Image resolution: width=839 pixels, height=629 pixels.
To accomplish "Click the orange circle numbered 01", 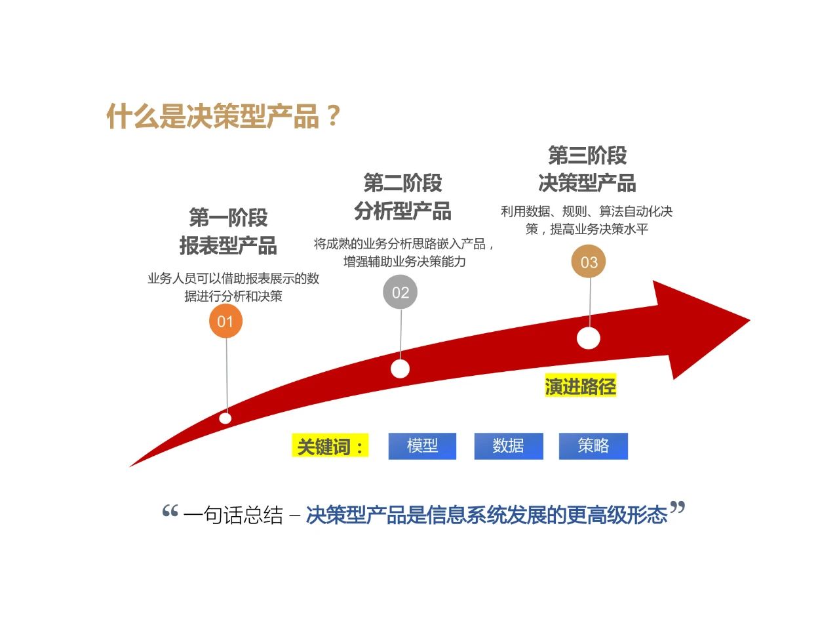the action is (225, 321).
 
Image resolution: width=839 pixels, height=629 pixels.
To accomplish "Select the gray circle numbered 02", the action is (400, 293).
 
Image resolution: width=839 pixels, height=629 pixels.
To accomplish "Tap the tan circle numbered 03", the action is (589, 262).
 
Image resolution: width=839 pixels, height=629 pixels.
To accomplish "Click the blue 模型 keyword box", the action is (422, 446).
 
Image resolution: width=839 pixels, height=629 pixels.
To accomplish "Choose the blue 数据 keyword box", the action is (508, 446).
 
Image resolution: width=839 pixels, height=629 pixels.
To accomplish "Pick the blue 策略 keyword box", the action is (593, 446).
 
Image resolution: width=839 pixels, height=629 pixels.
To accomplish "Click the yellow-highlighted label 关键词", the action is (330, 447).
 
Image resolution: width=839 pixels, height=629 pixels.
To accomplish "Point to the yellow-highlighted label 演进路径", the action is (580, 386).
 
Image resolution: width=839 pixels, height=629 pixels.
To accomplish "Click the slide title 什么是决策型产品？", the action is (224, 117).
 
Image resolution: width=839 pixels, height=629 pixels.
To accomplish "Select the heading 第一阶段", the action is (228, 217).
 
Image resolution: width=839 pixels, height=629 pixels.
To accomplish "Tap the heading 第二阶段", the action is (402, 182).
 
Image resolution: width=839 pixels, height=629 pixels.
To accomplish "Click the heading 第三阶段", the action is (587, 155).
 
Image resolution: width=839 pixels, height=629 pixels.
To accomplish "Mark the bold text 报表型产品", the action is (228, 245).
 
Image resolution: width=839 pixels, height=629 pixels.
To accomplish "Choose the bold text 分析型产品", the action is (402, 211).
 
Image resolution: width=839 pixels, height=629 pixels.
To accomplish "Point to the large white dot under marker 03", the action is (589, 338).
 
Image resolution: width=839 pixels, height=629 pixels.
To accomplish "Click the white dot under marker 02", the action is (400, 369).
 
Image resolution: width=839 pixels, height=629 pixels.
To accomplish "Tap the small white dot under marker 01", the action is (225, 418).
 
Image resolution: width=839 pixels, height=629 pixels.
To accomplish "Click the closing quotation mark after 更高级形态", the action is (678, 508).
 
